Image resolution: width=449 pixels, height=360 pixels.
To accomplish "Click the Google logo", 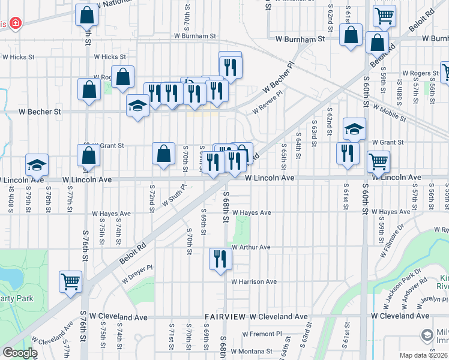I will point(20,353).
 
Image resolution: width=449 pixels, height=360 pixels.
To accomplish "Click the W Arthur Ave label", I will point(251,247).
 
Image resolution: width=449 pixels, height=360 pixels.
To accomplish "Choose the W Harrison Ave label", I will point(254,281).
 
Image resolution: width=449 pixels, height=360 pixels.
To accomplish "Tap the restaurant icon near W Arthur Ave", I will point(220,259).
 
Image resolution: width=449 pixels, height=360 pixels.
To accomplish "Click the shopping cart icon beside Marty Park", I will point(70,281).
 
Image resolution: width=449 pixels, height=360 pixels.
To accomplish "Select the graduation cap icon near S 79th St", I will point(37,164).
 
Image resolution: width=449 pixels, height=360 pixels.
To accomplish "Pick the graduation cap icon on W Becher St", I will point(137,106).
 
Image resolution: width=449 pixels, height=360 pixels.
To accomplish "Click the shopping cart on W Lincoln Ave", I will point(378,160).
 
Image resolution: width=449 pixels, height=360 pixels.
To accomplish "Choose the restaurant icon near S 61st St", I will point(348,153).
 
